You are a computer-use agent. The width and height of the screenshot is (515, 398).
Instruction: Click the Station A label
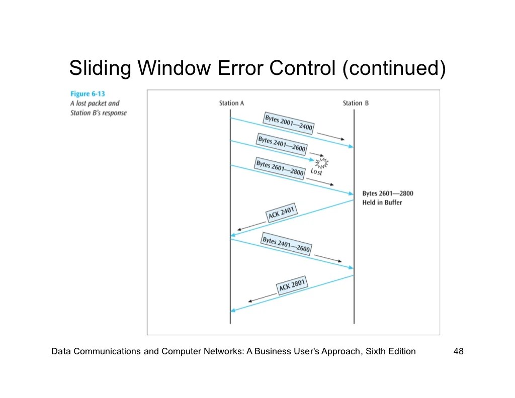231,103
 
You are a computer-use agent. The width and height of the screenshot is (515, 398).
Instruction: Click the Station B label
356,103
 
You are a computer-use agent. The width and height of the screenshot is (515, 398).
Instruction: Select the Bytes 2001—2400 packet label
289,123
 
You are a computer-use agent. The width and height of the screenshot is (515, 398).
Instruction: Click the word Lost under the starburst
316,172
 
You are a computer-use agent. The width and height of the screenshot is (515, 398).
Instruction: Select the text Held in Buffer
382,203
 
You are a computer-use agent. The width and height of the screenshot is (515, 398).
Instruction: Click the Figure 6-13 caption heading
88,94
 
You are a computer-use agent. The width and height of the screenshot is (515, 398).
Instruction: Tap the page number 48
458,351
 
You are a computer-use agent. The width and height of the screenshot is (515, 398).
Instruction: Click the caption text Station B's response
99,113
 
